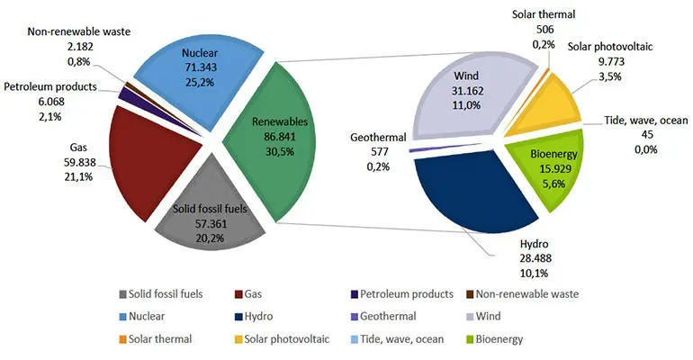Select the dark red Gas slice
point(144,162)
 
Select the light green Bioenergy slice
point(553,162)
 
